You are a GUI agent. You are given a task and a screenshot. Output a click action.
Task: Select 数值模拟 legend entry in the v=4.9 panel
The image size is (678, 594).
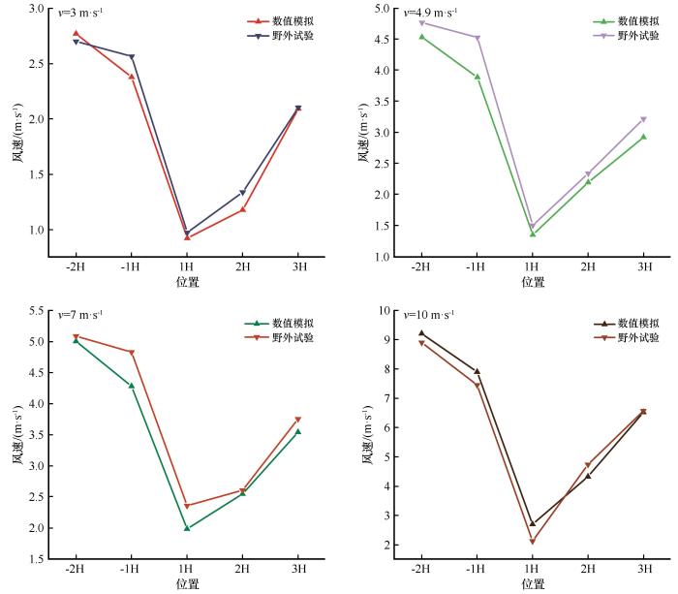(639, 20)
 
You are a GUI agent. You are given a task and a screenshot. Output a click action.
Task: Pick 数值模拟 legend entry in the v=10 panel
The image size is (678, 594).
(639, 323)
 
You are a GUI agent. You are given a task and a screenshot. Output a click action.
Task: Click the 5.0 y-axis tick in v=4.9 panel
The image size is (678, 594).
(383, 9)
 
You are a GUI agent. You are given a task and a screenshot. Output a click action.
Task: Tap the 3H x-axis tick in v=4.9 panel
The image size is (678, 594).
(643, 267)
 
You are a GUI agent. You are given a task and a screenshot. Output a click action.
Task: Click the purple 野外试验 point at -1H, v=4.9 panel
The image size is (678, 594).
(477, 38)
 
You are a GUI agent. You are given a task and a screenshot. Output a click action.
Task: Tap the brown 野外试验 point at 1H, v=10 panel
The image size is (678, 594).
(532, 542)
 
